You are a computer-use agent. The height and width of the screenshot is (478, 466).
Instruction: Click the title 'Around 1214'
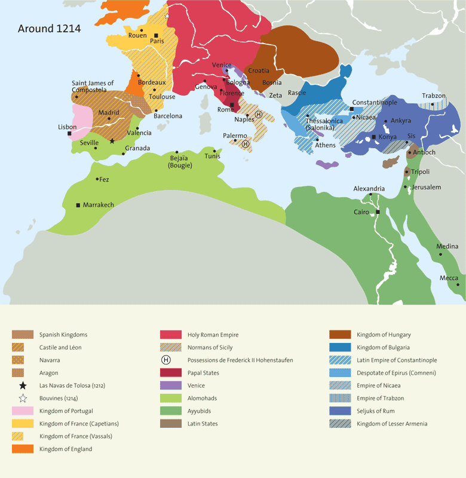click(50, 29)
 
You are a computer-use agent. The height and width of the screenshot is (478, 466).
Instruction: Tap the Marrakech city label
click(98, 205)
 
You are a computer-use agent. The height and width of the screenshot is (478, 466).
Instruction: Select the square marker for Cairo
click(378, 212)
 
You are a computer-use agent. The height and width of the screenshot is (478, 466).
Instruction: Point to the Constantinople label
click(375, 103)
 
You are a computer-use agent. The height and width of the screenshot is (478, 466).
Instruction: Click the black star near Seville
click(112, 141)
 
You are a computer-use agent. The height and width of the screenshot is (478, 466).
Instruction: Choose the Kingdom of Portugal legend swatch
click(22, 411)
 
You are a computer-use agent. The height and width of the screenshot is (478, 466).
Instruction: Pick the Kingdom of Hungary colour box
click(339, 335)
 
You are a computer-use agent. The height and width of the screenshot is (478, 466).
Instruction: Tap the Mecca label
click(449, 278)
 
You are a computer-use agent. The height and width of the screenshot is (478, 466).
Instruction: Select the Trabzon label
click(434, 96)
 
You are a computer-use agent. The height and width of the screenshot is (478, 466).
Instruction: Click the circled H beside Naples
click(259, 114)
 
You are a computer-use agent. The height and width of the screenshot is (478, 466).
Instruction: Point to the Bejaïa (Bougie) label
click(179, 161)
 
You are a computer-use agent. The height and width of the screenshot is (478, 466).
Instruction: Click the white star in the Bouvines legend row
click(22, 399)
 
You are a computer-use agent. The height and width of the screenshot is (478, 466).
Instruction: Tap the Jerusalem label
click(427, 187)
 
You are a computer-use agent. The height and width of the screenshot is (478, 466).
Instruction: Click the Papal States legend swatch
click(171, 373)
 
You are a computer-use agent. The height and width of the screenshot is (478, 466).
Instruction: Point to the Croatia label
click(259, 71)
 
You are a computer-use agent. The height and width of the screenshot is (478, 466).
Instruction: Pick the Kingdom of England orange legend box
click(22, 449)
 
